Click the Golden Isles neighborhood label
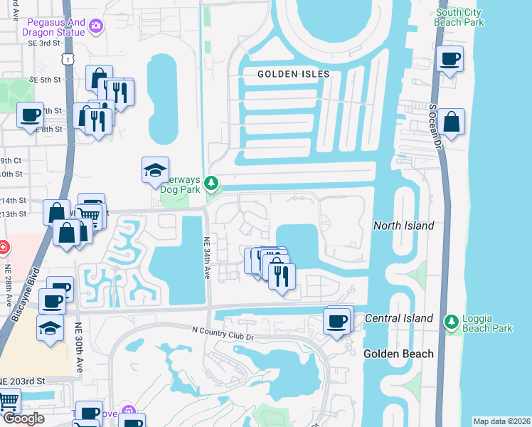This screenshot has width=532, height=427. point(294,74)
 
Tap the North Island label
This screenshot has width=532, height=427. point(403,226)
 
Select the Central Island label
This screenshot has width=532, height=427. point(399,318)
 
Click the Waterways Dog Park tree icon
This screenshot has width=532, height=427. point(211,184)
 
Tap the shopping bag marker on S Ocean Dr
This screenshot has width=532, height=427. point(451,122)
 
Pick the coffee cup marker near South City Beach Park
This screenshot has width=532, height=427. point(449,60)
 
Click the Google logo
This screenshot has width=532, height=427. point(23,418)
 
